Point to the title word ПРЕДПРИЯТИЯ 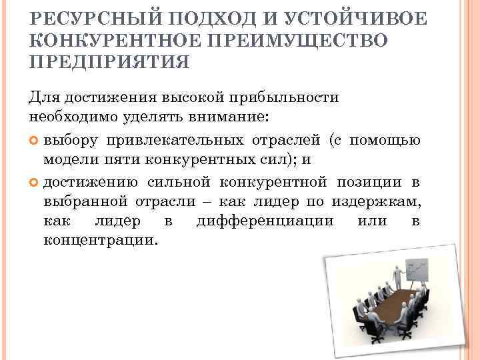pyautogui.click(x=109, y=62)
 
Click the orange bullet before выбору pyautogui.click(x=35, y=140)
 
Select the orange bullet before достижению pyautogui.click(x=35, y=183)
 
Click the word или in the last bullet pyautogui.click(x=371, y=221)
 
